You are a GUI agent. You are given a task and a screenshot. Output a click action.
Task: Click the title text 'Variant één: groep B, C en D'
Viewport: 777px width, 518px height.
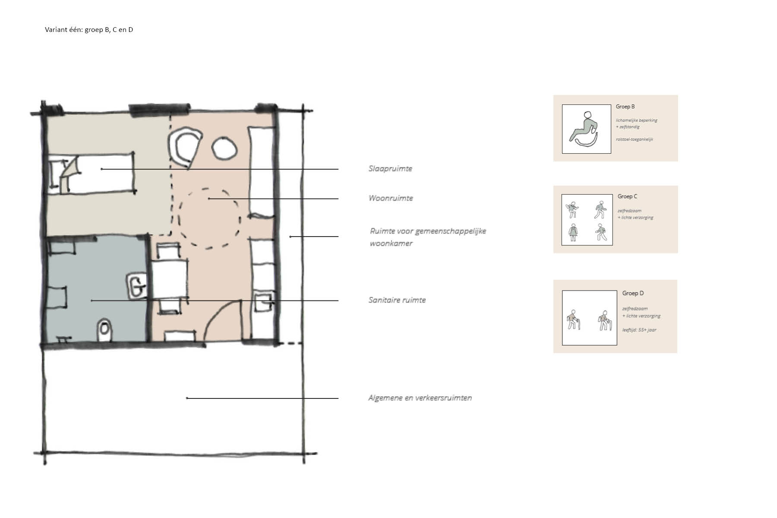coord(89,30)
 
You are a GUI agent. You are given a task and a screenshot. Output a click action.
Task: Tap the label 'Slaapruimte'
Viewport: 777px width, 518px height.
coord(390,169)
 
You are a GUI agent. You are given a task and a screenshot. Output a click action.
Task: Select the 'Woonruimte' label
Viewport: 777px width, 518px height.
coord(391,198)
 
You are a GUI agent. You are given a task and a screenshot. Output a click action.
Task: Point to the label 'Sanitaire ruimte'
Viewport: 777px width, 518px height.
coord(397,300)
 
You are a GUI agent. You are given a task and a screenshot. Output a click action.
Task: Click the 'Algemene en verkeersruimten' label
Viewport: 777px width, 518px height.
coord(420,398)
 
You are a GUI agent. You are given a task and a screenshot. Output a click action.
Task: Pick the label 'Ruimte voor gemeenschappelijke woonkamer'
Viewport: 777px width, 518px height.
coord(428,237)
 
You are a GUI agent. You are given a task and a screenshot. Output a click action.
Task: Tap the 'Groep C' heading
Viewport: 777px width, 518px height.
coord(627,196)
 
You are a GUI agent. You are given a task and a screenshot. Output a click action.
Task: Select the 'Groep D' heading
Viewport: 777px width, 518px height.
coord(633,293)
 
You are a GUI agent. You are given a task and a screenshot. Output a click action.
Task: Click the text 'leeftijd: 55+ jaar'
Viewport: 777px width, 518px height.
coord(639,330)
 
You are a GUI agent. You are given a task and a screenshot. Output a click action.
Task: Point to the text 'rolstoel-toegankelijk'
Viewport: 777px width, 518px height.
coord(635,139)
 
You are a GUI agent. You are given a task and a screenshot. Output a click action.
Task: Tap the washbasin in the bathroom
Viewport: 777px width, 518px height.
coord(137,285)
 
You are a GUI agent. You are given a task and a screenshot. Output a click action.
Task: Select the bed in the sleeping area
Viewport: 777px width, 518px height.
coord(92,172)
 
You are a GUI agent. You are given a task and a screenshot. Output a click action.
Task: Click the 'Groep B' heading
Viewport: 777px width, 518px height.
coord(625,107)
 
